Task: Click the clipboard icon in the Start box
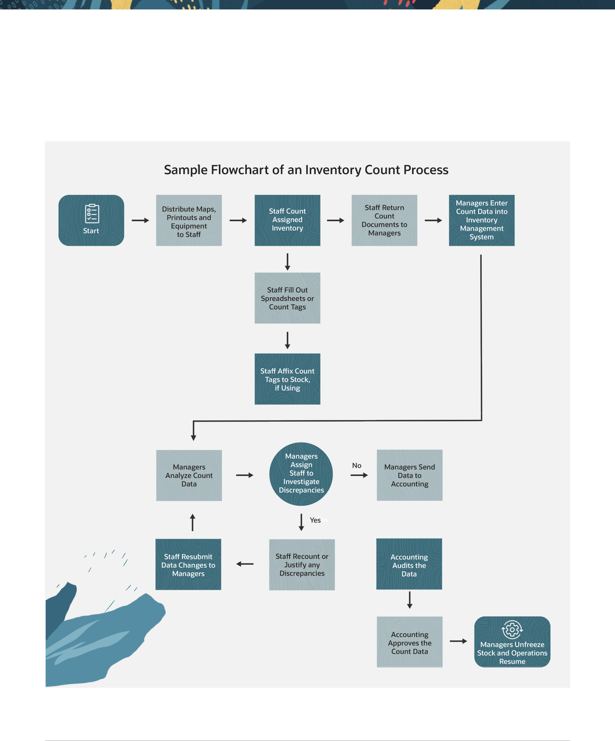tap(92, 214)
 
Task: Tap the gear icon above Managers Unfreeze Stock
tap(512, 630)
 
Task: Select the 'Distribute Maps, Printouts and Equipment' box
tap(189, 220)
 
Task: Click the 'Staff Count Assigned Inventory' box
tap(287, 220)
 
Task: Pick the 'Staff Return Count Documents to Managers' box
tap(384, 220)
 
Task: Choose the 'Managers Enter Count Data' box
tap(481, 220)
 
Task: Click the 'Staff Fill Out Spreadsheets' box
tap(287, 298)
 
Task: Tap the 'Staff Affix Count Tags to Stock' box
tap(287, 379)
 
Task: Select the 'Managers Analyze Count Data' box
tap(189, 475)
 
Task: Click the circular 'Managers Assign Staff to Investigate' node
tap(301, 474)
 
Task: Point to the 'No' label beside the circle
tap(357, 465)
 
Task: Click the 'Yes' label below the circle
tap(315, 520)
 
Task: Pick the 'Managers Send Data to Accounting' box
tap(409, 475)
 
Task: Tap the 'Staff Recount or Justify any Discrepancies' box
tap(302, 564)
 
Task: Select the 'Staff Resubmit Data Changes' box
tap(188, 564)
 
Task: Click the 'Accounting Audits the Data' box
tap(409, 564)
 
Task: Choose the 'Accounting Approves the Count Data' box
tap(409, 642)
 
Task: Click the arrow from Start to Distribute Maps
tap(140, 220)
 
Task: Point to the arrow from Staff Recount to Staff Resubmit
tap(245, 564)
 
